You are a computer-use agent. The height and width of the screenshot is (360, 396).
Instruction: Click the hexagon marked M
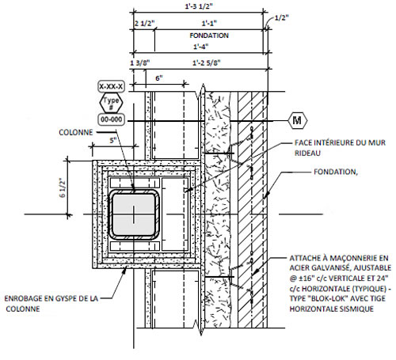(x=297, y=120)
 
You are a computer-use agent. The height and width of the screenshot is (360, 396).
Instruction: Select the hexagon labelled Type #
(x=111, y=103)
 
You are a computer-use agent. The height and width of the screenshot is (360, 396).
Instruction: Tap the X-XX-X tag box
(x=111, y=86)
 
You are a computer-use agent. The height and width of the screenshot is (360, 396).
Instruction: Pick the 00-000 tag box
(x=111, y=119)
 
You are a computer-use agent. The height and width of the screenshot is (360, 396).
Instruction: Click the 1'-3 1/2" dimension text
(x=199, y=6)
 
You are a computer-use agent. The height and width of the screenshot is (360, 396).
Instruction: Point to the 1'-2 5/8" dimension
(x=207, y=63)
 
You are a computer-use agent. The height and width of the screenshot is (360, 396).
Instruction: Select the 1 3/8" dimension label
(x=140, y=63)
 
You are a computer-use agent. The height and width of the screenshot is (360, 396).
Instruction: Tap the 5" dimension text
(x=113, y=141)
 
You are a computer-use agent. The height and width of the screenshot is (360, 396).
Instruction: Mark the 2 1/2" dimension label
(x=144, y=24)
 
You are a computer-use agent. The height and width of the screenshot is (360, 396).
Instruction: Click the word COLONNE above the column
(x=76, y=132)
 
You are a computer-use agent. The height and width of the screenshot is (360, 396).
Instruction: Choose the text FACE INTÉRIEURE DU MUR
(x=340, y=142)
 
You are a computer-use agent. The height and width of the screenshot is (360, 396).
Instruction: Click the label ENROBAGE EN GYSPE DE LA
(x=51, y=298)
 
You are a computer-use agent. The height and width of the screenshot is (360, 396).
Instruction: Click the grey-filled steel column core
(x=134, y=214)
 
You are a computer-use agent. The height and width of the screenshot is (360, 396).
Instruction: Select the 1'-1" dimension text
(x=209, y=24)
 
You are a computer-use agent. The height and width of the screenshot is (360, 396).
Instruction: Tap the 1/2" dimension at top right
(x=281, y=18)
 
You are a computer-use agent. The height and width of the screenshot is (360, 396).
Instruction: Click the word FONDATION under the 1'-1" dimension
(x=209, y=36)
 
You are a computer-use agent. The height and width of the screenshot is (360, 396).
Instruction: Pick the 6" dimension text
(x=159, y=78)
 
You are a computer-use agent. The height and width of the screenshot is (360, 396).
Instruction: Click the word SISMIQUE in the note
(x=358, y=309)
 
